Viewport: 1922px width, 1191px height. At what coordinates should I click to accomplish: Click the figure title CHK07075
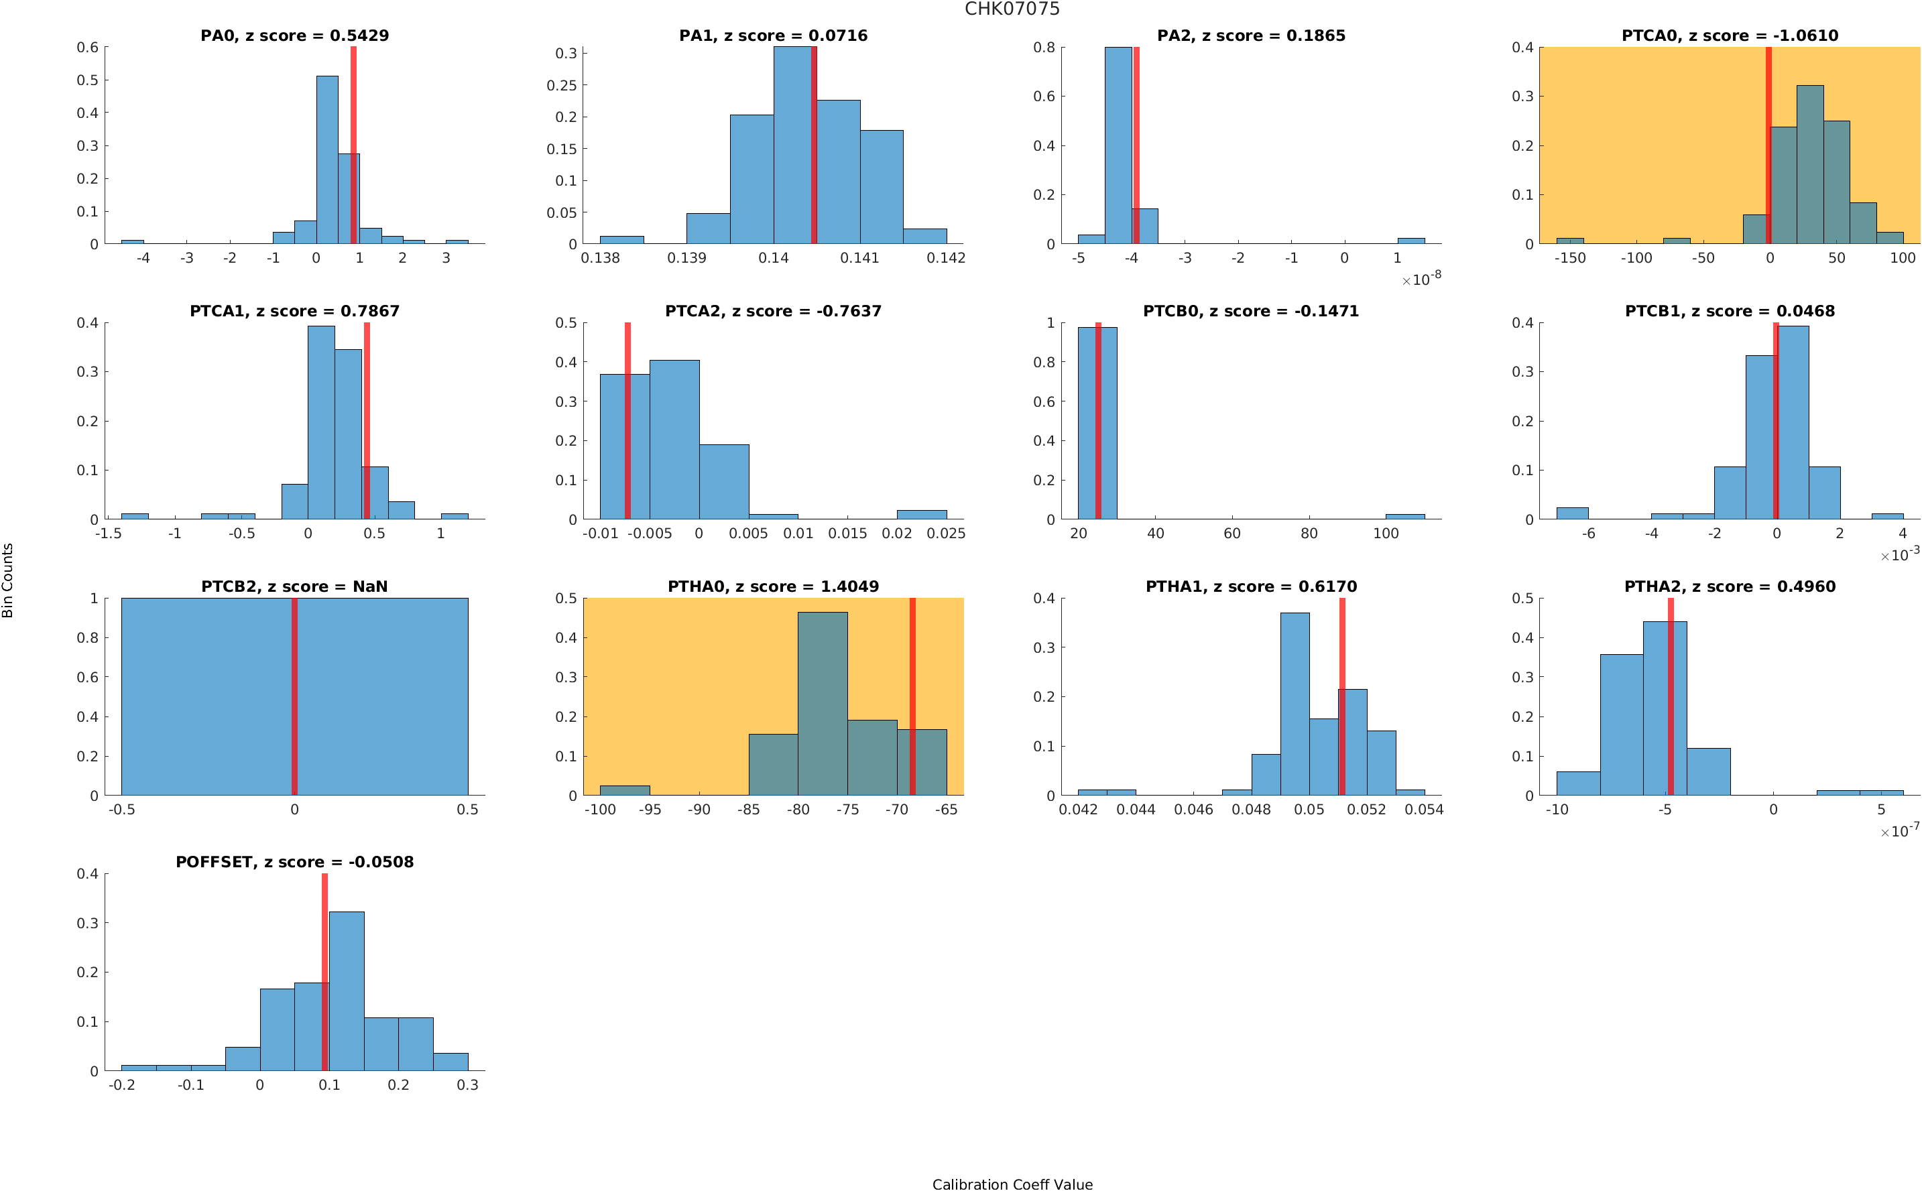(x=1012, y=9)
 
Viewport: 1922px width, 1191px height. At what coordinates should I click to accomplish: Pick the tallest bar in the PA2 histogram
(x=1117, y=145)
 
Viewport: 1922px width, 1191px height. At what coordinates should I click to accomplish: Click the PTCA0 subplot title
(x=1729, y=36)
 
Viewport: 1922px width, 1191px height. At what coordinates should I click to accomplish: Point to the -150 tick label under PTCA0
(x=1569, y=258)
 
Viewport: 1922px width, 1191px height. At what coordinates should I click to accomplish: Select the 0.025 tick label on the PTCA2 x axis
(x=945, y=534)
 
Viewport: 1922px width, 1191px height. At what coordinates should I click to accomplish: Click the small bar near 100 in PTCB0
(x=1404, y=517)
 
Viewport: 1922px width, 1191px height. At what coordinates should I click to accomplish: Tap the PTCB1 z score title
(x=1729, y=311)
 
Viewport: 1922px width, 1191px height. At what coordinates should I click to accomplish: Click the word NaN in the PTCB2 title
(x=370, y=587)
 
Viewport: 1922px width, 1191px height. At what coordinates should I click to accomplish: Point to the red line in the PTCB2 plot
(x=294, y=696)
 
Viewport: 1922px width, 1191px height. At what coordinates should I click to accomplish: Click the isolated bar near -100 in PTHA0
(x=625, y=790)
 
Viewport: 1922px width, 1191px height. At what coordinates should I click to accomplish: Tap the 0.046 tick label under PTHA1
(x=1193, y=810)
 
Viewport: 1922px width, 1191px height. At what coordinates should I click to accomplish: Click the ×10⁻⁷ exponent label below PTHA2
(x=1899, y=831)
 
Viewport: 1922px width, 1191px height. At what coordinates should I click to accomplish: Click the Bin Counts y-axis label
(x=8, y=580)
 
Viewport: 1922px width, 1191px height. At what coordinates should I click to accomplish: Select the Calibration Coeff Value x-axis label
(x=1012, y=1184)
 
